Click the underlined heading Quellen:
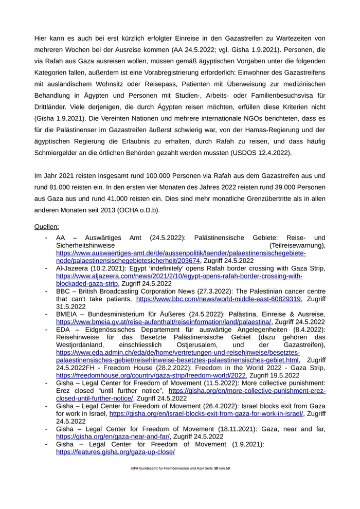pos(46,226)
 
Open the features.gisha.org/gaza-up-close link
pos(115,452)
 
